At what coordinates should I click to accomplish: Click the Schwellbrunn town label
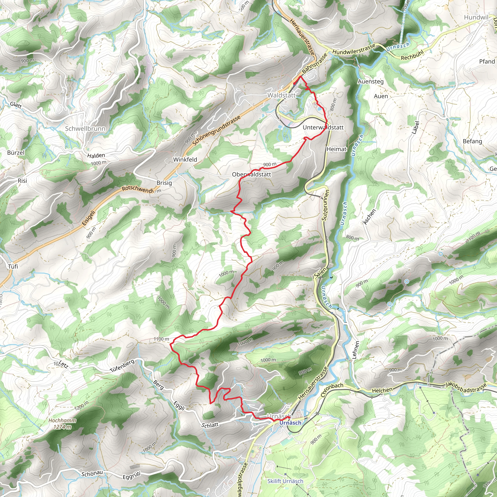85,129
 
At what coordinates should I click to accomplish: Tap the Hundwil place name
476,17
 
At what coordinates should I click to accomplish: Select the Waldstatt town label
282,95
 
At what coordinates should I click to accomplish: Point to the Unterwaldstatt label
323,127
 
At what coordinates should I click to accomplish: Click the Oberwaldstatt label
251,174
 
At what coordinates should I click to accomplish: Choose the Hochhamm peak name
62,420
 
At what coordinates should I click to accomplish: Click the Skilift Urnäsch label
285,481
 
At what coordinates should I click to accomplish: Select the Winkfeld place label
185,159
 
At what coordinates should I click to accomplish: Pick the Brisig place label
164,183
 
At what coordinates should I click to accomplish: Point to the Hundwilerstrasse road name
354,49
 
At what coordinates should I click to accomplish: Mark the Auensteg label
370,82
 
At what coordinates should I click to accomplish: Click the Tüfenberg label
122,366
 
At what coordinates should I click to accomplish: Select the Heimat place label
337,149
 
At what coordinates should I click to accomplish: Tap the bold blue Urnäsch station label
290,423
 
